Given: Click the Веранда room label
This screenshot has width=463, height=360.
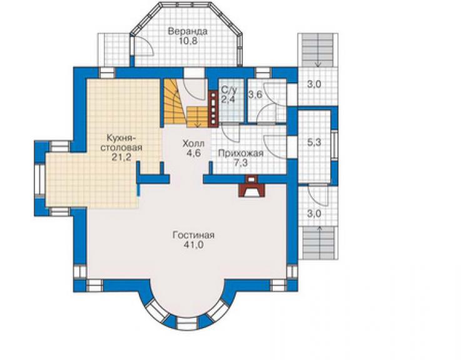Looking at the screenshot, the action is (188, 31).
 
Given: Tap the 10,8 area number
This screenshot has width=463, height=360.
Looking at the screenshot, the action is (188, 41).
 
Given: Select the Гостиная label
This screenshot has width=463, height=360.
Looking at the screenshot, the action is (193, 235).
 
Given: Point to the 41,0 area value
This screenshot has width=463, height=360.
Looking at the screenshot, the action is (193, 245).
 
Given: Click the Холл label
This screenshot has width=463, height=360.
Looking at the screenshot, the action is (193, 143).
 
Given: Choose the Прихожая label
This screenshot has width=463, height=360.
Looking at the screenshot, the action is (241, 153).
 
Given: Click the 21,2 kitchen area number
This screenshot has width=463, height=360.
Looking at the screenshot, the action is (121, 158).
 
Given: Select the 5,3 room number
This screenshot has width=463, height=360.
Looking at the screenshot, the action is (314, 143).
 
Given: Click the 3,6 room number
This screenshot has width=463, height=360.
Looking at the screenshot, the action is (255, 95).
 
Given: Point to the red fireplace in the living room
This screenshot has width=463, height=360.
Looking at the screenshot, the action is (252, 186).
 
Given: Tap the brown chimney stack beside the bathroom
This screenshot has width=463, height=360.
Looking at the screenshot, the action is (213, 107).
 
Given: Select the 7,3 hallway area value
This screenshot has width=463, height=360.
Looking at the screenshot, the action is (241, 163).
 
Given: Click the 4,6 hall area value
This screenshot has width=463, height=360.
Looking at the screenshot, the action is (193, 153).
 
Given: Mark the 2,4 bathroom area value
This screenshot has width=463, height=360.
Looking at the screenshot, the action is (228, 100).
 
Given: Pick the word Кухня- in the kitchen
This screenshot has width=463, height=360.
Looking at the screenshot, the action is (121, 138).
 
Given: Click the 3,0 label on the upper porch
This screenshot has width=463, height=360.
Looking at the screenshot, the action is (313, 85).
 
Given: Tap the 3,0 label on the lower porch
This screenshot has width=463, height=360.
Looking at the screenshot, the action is (314, 213).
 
